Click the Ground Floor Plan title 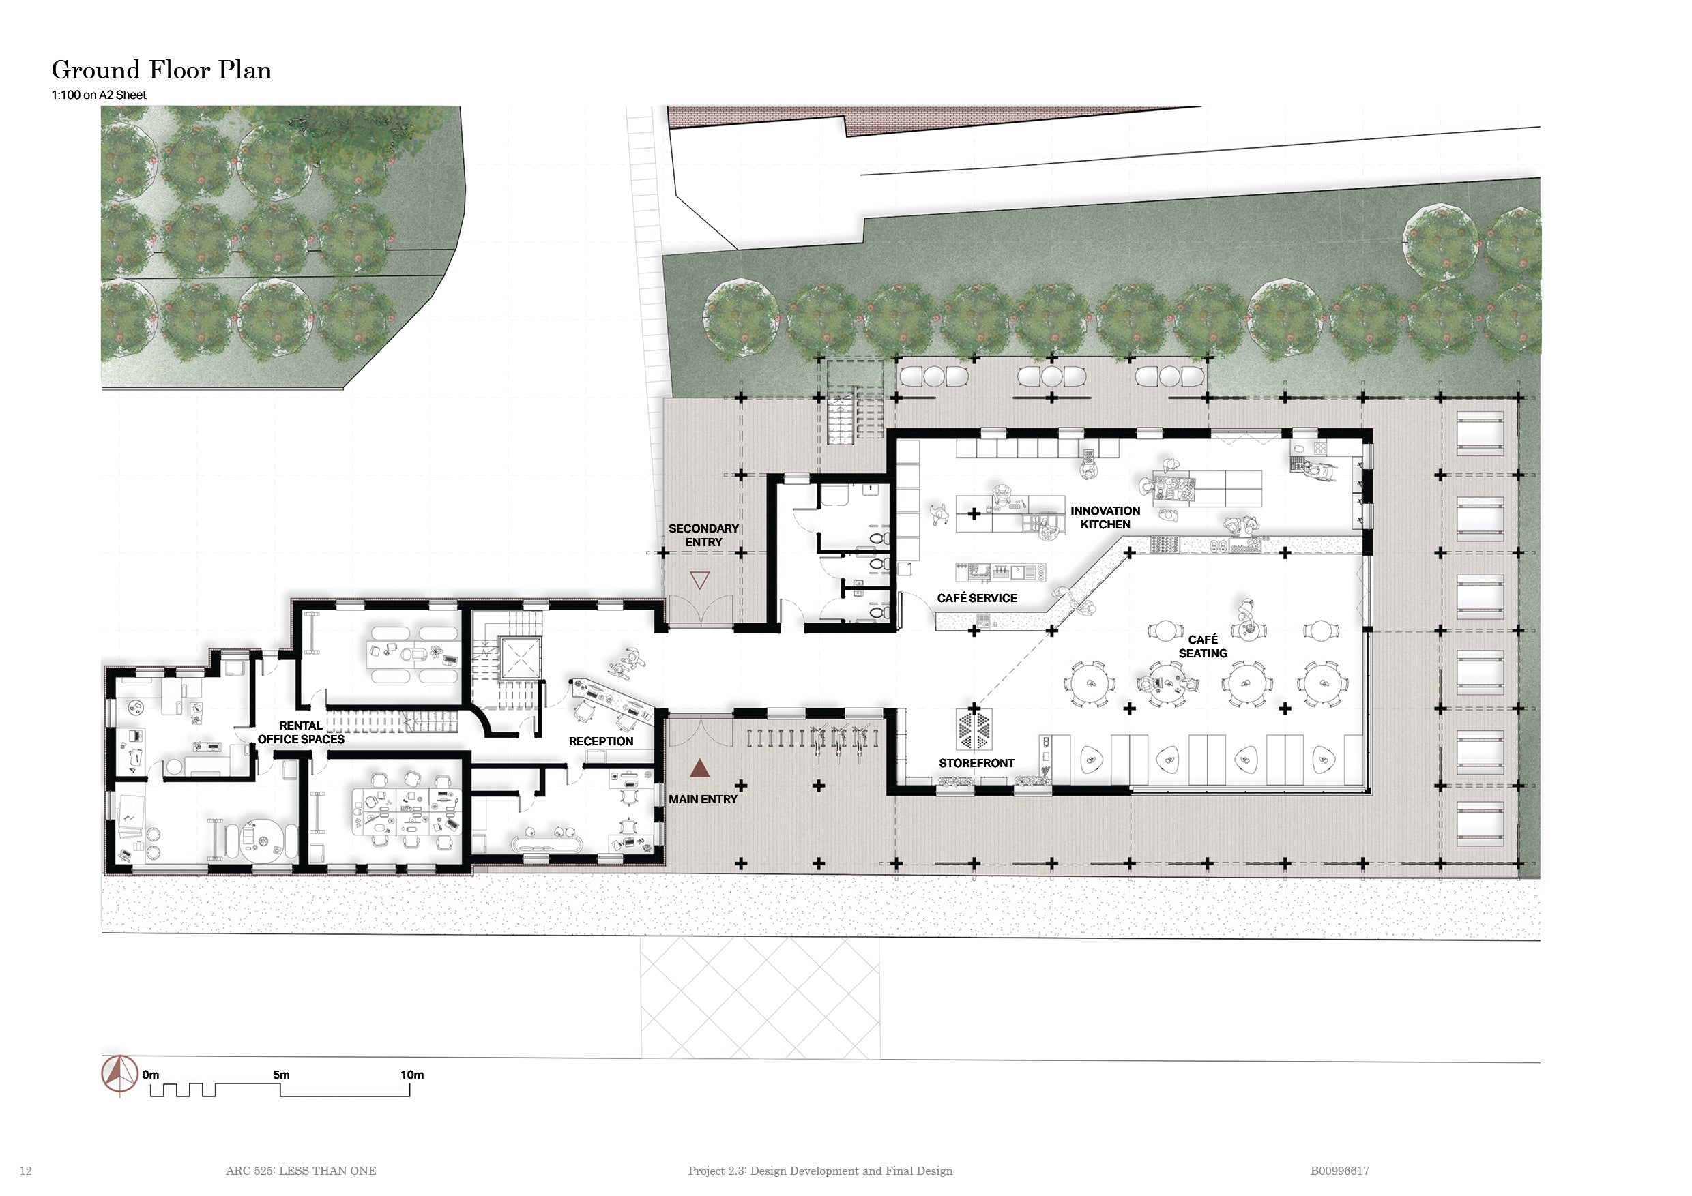pyautogui.click(x=162, y=70)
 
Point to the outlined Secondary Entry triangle pyautogui.click(x=699, y=580)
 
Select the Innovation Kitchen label pyautogui.click(x=1105, y=518)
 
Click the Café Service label pyautogui.click(x=976, y=598)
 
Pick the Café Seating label pyautogui.click(x=1203, y=646)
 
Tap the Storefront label pyautogui.click(x=976, y=763)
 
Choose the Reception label pyautogui.click(x=600, y=741)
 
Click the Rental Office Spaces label pyautogui.click(x=301, y=733)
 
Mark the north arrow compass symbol pyautogui.click(x=119, y=1076)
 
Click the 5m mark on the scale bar pyautogui.click(x=281, y=1075)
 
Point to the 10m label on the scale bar pyautogui.click(x=412, y=1075)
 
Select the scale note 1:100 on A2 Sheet pyautogui.click(x=99, y=95)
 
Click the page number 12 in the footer pyautogui.click(x=26, y=1171)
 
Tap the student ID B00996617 pyautogui.click(x=1339, y=1171)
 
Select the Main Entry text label pyautogui.click(x=702, y=799)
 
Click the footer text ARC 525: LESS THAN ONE pyautogui.click(x=301, y=1171)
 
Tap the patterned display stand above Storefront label pyautogui.click(x=974, y=728)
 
